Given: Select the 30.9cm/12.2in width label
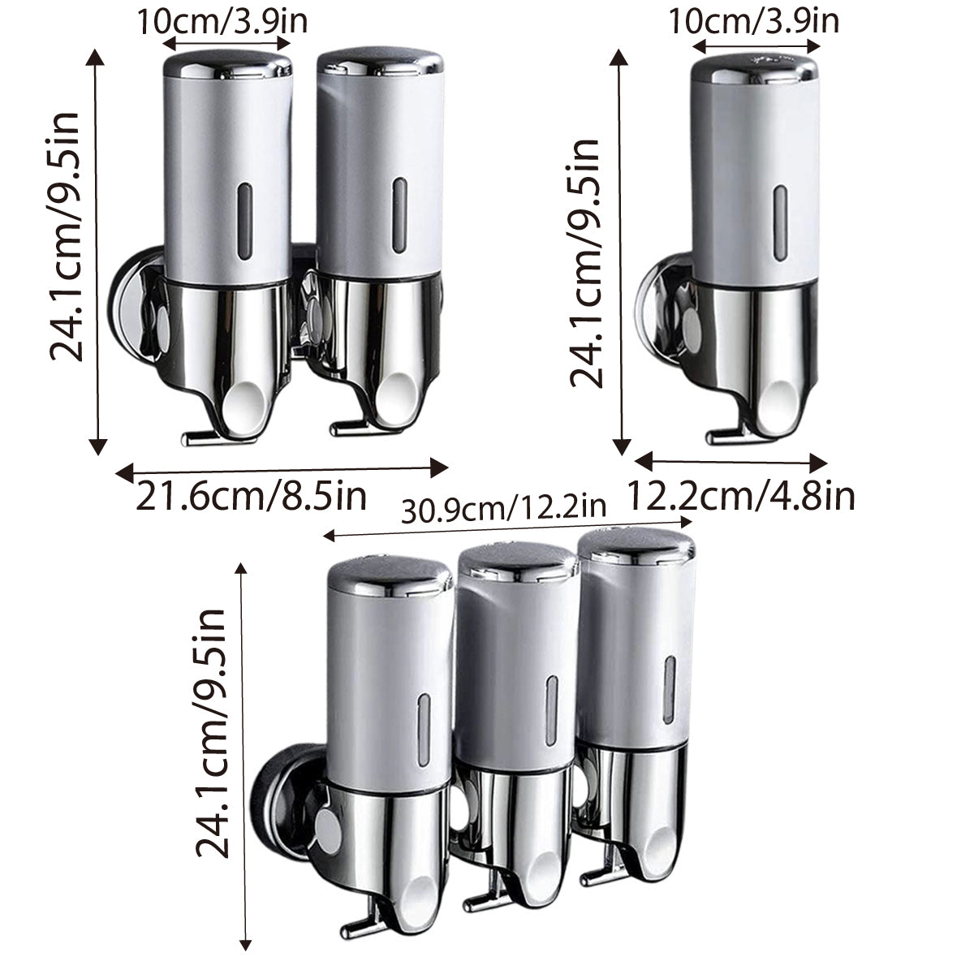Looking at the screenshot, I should point(504,509).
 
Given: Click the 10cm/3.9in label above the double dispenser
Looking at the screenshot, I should point(221,21).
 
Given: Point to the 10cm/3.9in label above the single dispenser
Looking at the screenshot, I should point(753,21).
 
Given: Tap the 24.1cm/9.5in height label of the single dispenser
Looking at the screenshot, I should point(586,261).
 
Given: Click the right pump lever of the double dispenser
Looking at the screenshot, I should point(347,425).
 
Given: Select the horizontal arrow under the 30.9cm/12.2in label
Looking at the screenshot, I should point(504,533).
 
